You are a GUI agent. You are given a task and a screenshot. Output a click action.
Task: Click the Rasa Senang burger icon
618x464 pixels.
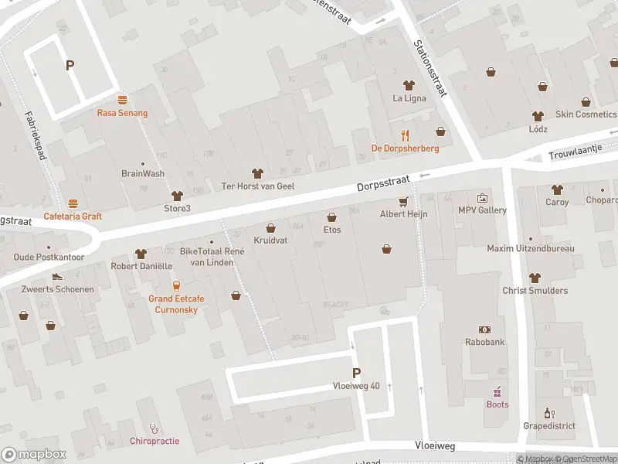coord(122,100)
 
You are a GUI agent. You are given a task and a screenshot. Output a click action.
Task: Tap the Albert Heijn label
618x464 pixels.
coord(403,213)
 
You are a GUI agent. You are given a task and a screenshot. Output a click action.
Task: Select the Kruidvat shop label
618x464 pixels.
coord(270,241)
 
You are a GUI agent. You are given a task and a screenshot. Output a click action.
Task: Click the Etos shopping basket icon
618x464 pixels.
coord(332,217)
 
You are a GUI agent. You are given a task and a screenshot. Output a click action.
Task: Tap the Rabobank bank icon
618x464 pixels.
coord(485,329)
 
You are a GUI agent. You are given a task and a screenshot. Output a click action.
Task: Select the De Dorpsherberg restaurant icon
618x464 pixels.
coord(405,135)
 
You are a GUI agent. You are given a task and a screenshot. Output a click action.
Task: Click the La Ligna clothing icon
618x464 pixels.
coord(409,85)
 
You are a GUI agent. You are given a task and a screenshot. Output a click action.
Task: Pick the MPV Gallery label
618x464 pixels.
coord(482,210)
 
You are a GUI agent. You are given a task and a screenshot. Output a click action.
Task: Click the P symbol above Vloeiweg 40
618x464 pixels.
coord(356,372)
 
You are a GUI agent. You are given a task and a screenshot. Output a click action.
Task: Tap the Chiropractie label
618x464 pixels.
coord(154,441)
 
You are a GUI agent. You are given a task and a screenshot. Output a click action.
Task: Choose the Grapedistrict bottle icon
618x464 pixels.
coord(549,413)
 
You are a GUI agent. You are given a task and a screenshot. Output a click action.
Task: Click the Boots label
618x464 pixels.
coord(497,404)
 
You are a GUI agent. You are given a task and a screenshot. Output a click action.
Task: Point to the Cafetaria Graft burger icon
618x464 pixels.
coord(73,203)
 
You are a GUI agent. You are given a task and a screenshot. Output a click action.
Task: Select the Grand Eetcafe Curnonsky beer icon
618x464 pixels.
coord(176,285)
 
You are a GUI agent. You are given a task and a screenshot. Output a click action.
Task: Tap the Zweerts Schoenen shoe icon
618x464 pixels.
coord(57,277)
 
